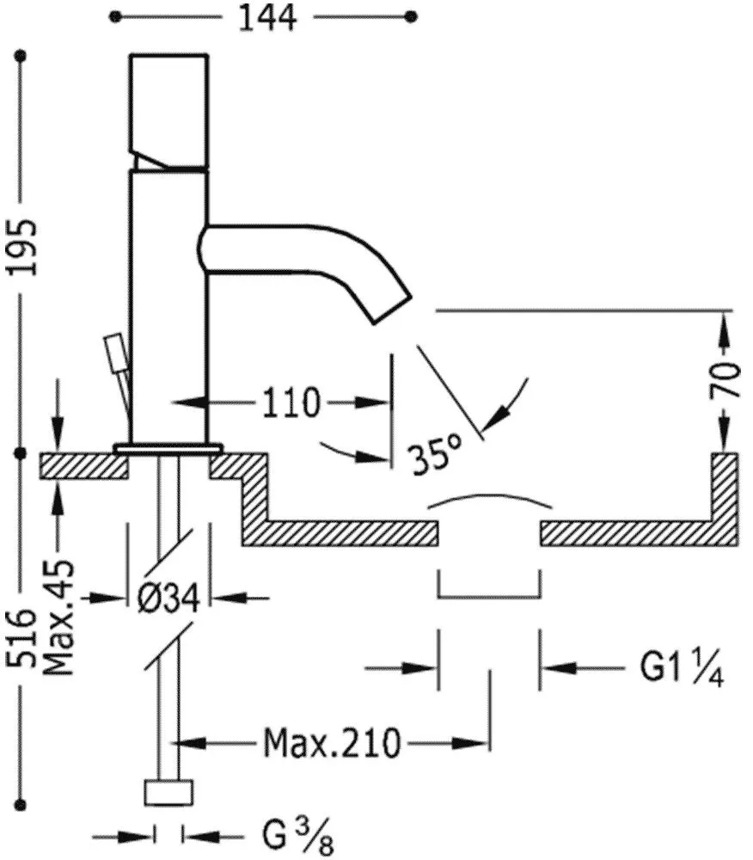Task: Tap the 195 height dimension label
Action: coord(25,247)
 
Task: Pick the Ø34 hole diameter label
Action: coord(168,597)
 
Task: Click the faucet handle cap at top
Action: coord(169,107)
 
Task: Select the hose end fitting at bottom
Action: coord(169,793)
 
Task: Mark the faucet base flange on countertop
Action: coord(168,448)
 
